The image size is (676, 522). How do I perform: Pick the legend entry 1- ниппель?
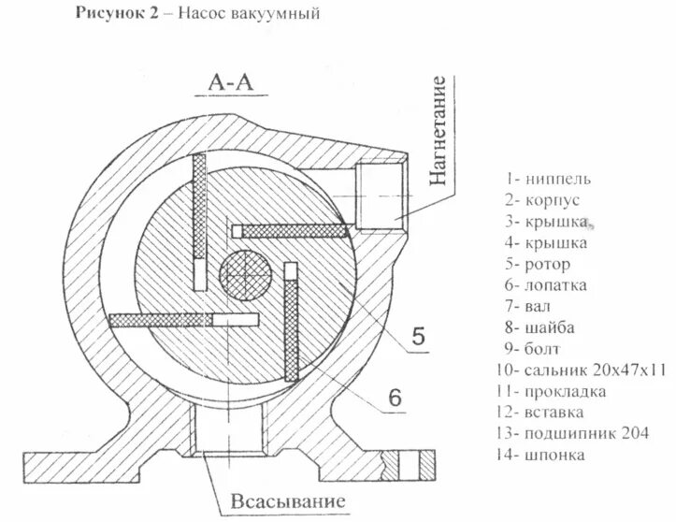544,178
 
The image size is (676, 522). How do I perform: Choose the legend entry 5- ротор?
537,264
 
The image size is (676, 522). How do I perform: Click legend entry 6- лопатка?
544,285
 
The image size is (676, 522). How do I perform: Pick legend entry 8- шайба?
539,327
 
